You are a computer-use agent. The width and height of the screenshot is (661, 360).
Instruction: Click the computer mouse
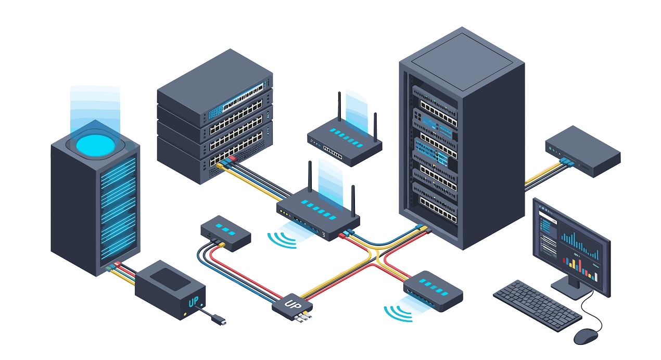(x=586, y=336)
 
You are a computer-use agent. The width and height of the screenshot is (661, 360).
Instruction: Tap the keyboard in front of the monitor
(x=537, y=305)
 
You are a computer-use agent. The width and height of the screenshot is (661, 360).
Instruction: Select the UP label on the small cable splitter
(x=291, y=303)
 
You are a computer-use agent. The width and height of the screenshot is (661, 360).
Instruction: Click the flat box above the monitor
(x=583, y=150)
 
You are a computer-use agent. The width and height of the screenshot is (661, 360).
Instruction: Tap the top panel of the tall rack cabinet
(x=462, y=59)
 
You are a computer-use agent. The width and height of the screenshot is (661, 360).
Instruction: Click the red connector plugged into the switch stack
(x=233, y=157)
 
